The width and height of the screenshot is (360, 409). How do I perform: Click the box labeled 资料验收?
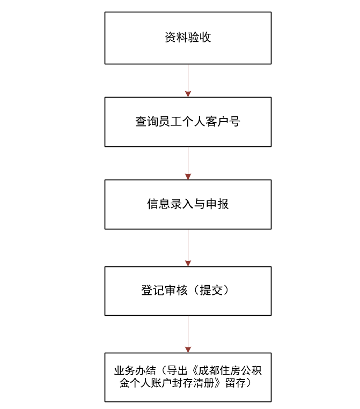point(188,38)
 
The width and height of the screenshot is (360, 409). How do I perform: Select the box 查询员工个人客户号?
point(188,122)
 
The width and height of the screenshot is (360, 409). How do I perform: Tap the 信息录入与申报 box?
point(188,204)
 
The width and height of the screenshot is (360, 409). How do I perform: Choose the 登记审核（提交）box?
point(188,291)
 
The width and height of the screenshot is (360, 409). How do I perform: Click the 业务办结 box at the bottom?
point(188,377)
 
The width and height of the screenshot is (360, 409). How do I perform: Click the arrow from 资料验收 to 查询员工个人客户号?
point(188,80)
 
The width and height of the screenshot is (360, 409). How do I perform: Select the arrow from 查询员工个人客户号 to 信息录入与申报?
point(188,163)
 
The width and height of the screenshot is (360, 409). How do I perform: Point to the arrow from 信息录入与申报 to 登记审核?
point(188,248)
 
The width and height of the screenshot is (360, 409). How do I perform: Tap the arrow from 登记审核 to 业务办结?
point(188,334)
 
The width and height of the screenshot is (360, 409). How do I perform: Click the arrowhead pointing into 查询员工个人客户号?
point(188,94)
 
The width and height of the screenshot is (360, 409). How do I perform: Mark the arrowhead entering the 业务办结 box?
point(188,349)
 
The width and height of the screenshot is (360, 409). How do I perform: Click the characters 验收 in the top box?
point(200,38)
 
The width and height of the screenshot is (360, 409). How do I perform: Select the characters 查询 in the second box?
point(146,122)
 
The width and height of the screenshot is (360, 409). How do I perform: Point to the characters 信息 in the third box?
point(158,204)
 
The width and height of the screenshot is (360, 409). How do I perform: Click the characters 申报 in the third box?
point(217,204)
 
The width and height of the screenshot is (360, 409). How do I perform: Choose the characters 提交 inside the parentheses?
point(211,291)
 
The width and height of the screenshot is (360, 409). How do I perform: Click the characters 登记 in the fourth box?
point(153,291)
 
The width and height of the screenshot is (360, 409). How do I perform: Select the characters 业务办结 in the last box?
point(135,370)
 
